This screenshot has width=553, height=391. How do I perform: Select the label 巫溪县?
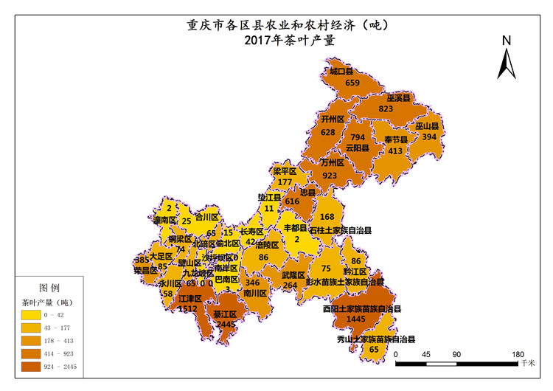(x=399, y=97)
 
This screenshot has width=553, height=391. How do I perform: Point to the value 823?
(x=386, y=108)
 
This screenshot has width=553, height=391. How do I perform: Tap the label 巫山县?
(x=427, y=125)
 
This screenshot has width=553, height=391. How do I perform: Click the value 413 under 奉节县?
(x=395, y=150)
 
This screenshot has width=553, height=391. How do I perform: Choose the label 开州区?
(x=333, y=119)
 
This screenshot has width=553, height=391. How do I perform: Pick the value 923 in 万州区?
(x=330, y=176)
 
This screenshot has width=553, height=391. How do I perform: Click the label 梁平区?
(x=285, y=171)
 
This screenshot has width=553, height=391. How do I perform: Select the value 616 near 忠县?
(x=292, y=201)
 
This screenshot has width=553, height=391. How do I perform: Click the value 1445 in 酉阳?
(x=355, y=319)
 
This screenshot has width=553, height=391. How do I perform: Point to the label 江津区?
(x=190, y=299)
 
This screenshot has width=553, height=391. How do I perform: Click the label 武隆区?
(x=293, y=275)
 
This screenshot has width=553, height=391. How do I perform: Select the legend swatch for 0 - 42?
(x=31, y=316)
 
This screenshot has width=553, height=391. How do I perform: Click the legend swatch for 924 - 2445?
(x=31, y=365)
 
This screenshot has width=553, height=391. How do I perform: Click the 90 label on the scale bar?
(x=457, y=354)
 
